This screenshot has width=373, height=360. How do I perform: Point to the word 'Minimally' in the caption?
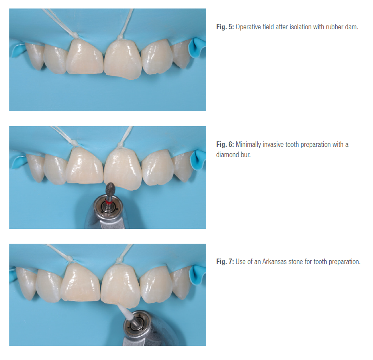click(248, 144)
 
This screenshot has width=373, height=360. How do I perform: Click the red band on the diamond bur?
click(109, 202)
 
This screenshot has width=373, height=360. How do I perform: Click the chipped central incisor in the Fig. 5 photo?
click(123, 59)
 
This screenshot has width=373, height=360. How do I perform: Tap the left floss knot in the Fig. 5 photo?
click(76, 36)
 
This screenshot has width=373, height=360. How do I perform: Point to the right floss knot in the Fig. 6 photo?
click(120, 145)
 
